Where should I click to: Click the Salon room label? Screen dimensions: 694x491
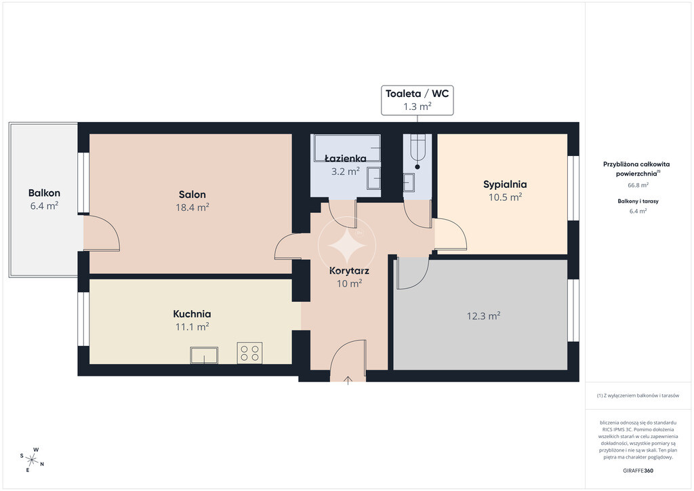pos(192,195)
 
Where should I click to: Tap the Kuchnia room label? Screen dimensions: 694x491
pos(192,314)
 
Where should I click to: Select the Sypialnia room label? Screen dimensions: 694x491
pos(505,184)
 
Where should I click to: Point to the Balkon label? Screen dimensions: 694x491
pos(44,193)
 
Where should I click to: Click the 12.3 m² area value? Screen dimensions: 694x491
pos(483,315)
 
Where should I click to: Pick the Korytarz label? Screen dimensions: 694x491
pos(349,271)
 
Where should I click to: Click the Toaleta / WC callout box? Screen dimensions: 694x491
pos(417,100)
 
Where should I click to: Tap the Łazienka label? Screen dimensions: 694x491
pos(345,159)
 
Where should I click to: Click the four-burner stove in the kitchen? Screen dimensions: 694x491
pos(249,353)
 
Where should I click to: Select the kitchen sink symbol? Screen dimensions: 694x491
pos(204,355)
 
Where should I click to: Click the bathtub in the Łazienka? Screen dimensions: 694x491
pos(347,148)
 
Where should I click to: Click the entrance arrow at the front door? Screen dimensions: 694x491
pos(348,380)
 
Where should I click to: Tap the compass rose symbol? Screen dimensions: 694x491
pos(32,460)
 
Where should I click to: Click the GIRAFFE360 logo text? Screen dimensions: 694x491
pos(638,471)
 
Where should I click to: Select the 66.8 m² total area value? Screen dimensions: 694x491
pos(638,185)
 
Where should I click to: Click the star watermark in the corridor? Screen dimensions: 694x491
pos(347,245)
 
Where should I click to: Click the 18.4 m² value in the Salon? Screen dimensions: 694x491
pos(192,208)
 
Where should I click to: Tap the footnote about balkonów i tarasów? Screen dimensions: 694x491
pos(638,395)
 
